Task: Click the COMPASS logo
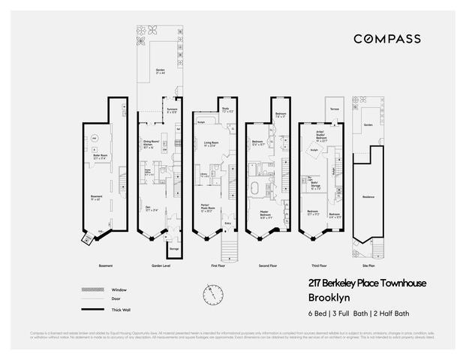[x=386, y=39]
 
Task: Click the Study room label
[x=225, y=109]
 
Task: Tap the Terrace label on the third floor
[x=334, y=109]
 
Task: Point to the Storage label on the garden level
[x=173, y=248]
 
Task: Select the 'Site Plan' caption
[x=367, y=265]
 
